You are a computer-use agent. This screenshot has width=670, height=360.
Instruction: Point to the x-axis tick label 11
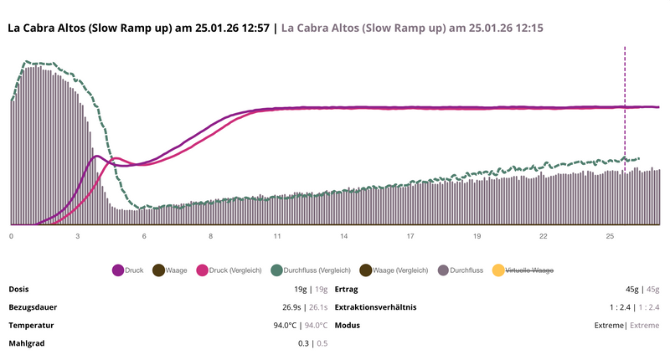point(276,237)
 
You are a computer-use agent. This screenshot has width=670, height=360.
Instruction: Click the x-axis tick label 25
point(610,237)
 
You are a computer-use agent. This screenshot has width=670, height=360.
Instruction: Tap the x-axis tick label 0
point(11,237)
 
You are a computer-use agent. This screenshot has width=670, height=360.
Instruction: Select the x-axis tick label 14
point(343,237)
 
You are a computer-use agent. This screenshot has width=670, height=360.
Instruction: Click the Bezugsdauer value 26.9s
point(295,307)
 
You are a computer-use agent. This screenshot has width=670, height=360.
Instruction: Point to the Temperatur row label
point(32,325)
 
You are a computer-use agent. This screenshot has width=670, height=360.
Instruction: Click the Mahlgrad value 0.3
point(303,343)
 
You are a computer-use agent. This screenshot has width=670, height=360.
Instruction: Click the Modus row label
point(348,325)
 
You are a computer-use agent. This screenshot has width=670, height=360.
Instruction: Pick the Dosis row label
point(18,290)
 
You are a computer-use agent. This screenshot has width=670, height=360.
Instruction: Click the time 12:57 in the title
point(252,28)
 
